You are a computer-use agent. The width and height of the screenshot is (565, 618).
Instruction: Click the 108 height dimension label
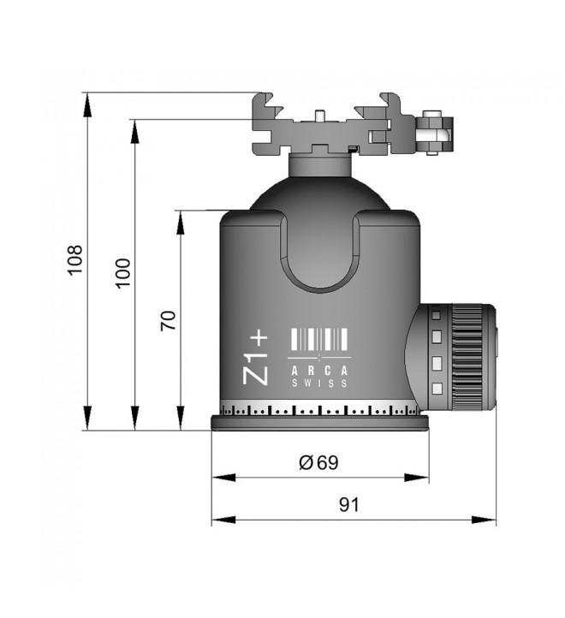coord(75,260)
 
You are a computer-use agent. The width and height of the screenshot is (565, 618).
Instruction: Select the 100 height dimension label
coord(123,273)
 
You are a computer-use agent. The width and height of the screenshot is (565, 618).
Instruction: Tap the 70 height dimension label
coord(169,320)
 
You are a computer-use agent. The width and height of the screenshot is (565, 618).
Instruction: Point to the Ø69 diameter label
coord(318,462)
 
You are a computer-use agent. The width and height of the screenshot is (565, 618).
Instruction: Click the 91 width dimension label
coord(349,504)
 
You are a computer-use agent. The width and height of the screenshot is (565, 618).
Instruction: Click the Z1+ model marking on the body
coord(255,359)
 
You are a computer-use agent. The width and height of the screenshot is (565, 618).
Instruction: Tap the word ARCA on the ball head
coord(320,371)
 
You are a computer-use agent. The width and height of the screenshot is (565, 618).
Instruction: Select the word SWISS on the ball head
coord(320,383)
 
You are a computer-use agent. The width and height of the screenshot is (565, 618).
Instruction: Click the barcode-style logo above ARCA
coord(319,339)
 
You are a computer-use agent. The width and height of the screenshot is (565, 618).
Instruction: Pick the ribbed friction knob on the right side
coord(467,357)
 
